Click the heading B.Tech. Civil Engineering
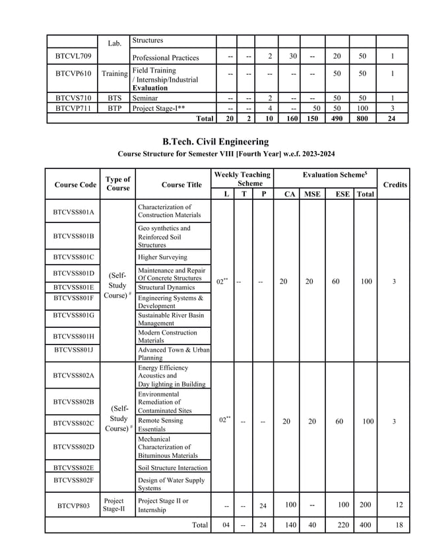(216, 141)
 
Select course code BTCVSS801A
(74, 212)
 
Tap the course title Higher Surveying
(162, 257)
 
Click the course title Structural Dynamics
(166, 287)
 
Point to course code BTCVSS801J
(74, 350)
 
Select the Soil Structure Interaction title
(172, 468)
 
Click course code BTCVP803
(74, 506)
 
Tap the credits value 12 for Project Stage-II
(399, 505)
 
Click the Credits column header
(395, 185)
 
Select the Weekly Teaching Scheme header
(242, 179)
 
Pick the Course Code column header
(75, 185)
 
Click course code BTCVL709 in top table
(73, 56)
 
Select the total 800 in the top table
(362, 118)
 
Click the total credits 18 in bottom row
(399, 525)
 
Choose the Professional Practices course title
(166, 57)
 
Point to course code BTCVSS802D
(74, 447)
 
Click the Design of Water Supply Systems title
(172, 484)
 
